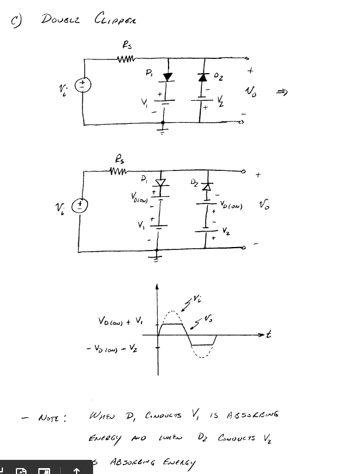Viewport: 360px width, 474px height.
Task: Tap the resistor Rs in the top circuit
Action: click(127, 58)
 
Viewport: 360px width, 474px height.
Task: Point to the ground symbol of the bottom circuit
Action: click(157, 256)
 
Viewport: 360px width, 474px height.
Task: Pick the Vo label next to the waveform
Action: click(209, 319)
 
